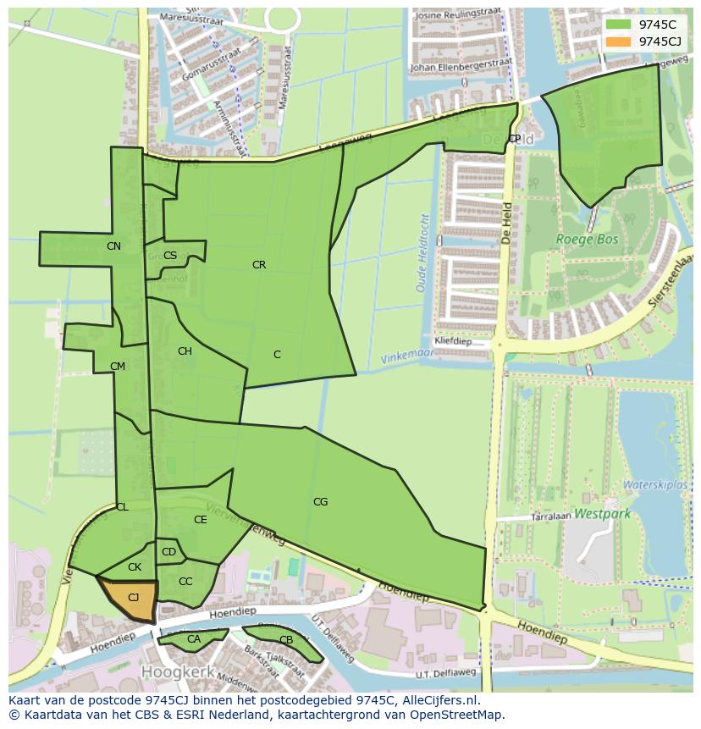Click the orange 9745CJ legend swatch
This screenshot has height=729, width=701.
[x=619, y=41]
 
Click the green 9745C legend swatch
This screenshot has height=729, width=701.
[x=619, y=25]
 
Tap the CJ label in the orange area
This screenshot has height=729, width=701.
[x=133, y=598]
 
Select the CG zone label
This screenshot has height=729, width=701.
[x=320, y=502]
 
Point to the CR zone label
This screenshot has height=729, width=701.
[x=259, y=265]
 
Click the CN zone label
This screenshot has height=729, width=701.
[x=113, y=246]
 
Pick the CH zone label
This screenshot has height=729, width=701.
[x=185, y=351]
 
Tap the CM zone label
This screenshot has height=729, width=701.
[x=118, y=367]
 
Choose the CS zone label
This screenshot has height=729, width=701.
[x=170, y=256]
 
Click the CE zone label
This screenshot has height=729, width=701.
[x=201, y=520]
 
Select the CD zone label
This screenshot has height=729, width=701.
[x=168, y=553]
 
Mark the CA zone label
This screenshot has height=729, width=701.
[x=193, y=639]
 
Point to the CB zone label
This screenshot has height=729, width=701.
[x=286, y=640]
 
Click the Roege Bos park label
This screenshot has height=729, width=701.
[x=587, y=240]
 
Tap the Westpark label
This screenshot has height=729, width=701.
[x=602, y=513]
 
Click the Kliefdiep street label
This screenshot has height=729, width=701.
[x=453, y=341]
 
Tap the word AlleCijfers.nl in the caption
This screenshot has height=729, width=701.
[x=439, y=700]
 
